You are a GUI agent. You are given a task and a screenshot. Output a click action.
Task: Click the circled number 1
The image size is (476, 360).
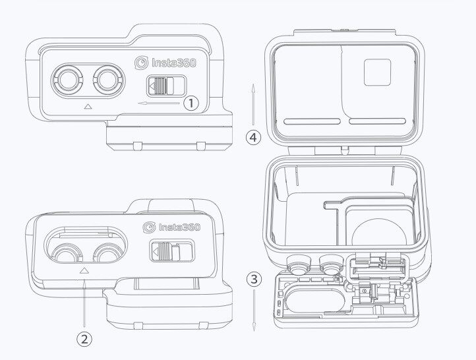(191, 103)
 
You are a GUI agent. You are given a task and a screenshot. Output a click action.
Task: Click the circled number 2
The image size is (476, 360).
(84, 339)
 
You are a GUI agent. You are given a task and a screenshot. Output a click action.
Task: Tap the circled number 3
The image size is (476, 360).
(254, 278)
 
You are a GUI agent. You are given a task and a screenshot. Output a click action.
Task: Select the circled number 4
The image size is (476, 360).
(253, 137)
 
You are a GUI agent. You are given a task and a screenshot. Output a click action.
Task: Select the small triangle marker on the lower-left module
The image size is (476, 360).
(84, 270)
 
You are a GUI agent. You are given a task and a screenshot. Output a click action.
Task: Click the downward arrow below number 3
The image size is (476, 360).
(254, 310)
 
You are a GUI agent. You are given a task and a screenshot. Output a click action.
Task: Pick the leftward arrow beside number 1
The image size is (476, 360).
(159, 104)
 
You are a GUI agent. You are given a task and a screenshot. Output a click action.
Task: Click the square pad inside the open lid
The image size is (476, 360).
(376, 72)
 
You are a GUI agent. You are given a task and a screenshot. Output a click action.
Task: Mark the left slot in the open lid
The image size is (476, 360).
(312, 121)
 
